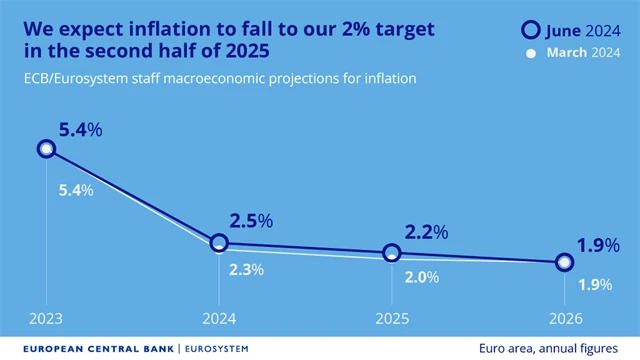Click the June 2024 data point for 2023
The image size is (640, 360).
coord(46,149)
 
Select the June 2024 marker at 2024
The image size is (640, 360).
coord(220,243)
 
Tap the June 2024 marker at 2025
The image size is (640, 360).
coord(390,253)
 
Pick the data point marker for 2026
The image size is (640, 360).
coord(564,262)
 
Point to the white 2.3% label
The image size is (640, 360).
coord(247,268)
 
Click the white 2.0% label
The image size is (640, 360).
coord(421,277)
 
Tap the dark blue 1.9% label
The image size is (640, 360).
coord(598,245)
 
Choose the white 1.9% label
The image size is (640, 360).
coord(595,285)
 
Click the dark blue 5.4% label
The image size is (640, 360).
coord(79,129)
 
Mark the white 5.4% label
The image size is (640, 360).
coord(75,190)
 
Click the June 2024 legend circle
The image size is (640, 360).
coord(532,30)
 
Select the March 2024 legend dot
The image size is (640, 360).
coord(531,53)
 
